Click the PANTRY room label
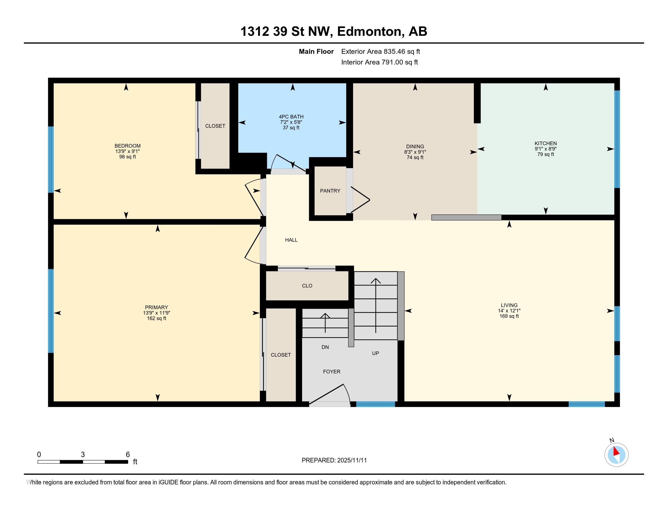pos(330,191)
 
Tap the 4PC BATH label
pos(291,117)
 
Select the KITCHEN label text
pos(546,143)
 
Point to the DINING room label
pos(415,146)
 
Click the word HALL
pos(291,240)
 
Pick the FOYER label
pos(332,372)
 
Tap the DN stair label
pos(325,347)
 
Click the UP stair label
pos(376,353)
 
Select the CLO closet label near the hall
pos(307,286)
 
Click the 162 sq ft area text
pos(157,318)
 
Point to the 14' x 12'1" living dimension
pos(509,311)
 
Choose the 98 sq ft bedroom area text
pos(128,157)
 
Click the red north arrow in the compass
pos(616,452)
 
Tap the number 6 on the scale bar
pos(128,455)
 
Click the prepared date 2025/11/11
pos(352,460)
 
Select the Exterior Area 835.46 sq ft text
pos(381,52)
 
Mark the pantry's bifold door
pos(360,200)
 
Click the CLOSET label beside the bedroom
pos(215,126)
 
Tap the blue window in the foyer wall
pos(376,404)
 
